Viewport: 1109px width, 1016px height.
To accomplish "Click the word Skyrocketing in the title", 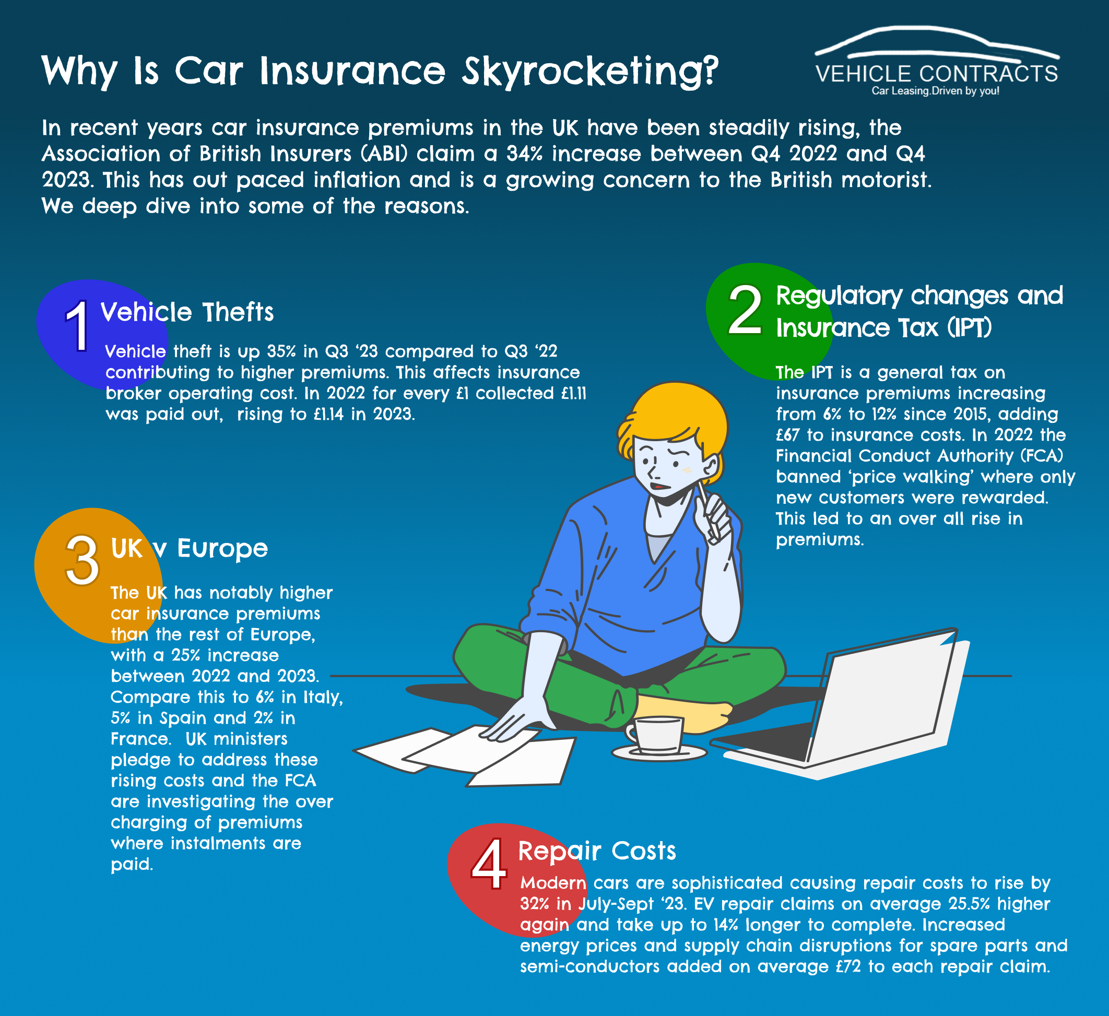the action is click(590, 72).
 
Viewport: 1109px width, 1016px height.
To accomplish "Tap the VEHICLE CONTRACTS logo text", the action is click(937, 74).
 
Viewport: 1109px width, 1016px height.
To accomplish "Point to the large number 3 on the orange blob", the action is click(82, 561).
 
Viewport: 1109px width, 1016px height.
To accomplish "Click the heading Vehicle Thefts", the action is click(187, 312).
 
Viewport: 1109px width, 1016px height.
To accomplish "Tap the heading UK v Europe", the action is click(189, 548).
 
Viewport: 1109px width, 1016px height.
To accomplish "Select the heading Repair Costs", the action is click(597, 851).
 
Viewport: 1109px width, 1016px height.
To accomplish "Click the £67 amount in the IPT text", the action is click(787, 434).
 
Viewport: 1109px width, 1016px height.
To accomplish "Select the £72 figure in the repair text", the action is click(848, 966).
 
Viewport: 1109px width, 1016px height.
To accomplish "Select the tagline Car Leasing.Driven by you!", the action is click(935, 91).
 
